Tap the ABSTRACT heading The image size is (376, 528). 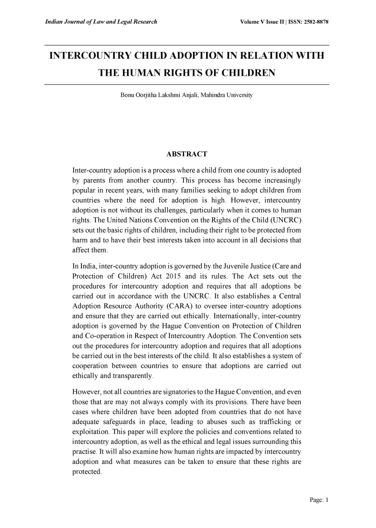[x=187, y=155]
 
